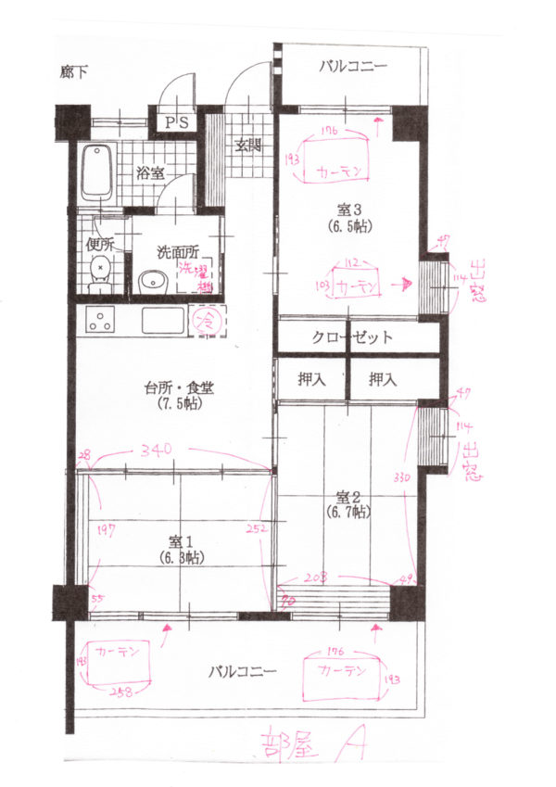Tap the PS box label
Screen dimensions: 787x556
[176, 122]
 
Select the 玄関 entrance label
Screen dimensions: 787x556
[246, 145]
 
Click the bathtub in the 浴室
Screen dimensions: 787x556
[96, 174]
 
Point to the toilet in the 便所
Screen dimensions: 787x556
[100, 275]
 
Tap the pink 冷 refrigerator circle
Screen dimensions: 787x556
[207, 322]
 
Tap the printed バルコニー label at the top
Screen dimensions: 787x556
[353, 66]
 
